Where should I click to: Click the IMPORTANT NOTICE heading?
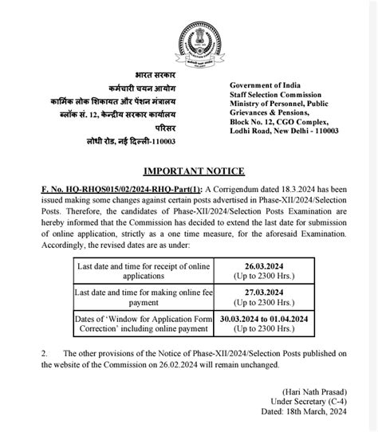tap(194, 171)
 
